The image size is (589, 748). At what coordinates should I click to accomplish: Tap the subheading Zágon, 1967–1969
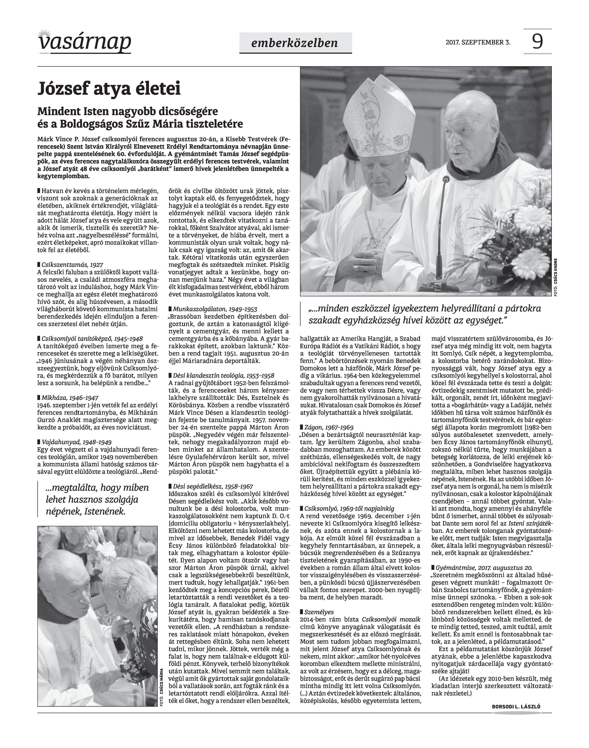(x=329, y=427)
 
